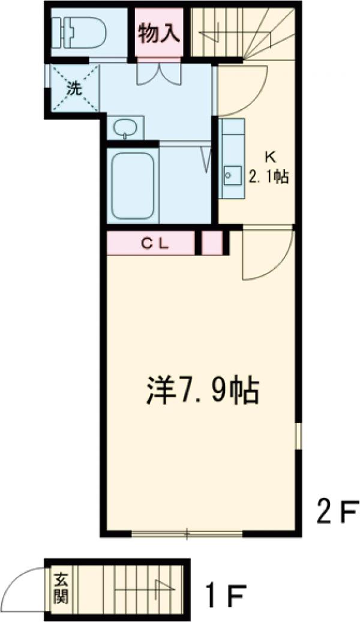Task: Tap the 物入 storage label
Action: pyautogui.click(x=159, y=34)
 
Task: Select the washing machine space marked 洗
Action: pyautogui.click(x=73, y=88)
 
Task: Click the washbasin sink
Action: pyautogui.click(x=125, y=128)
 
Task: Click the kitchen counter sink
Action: pyautogui.click(x=230, y=175)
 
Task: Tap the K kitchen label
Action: pyautogui.click(x=269, y=158)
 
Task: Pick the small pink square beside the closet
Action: pyautogui.click(x=211, y=243)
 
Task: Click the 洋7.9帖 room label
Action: pyautogui.click(x=202, y=390)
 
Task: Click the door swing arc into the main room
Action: pyautogui.click(x=268, y=255)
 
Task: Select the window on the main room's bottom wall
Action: pyautogui.click(x=187, y=532)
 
